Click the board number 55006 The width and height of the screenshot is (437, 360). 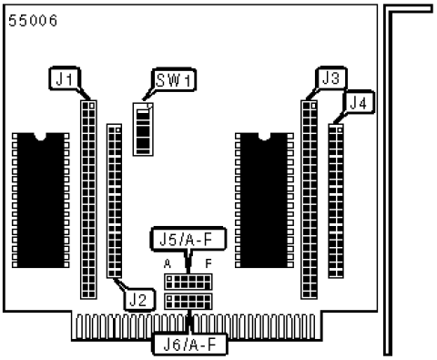pos(33,21)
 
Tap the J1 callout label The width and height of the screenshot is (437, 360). pos(65,78)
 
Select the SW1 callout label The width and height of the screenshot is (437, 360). pos(174,80)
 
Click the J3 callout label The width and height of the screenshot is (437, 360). pos(330,78)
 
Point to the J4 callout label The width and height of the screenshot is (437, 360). pos(359,102)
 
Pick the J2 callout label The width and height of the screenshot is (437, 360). pos(139,300)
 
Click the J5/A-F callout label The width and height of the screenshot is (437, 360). pos(188,239)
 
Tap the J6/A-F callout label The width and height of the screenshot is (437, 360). pos(190,345)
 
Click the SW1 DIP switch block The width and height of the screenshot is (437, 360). pos(143,129)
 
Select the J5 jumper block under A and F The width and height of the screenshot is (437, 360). pos(188,282)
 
